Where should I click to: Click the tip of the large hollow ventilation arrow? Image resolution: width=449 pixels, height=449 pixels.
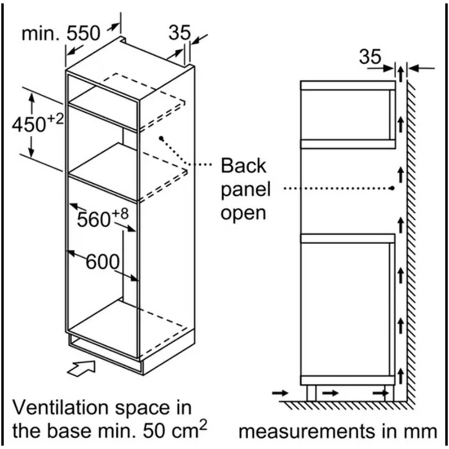(95, 361)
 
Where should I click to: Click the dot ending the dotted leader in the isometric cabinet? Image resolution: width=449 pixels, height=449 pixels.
(162, 138)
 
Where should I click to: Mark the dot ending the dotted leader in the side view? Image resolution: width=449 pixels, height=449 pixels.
(392, 188)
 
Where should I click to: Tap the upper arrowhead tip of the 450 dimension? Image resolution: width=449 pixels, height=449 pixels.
(31, 94)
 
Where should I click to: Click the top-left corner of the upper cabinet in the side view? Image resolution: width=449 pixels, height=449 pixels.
(301, 81)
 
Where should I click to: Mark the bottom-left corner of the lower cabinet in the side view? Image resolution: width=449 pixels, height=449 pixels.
(301, 385)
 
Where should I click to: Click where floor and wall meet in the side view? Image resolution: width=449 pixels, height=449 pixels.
(407, 401)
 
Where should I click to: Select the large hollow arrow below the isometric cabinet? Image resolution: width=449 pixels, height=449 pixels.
(81, 369)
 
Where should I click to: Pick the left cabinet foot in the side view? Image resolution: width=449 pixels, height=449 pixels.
(311, 393)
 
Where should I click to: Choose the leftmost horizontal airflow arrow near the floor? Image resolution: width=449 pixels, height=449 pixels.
(280, 392)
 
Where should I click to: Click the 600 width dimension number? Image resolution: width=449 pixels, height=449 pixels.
(102, 261)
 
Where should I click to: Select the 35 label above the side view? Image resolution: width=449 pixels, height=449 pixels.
(370, 57)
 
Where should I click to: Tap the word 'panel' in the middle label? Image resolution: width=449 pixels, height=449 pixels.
(246, 189)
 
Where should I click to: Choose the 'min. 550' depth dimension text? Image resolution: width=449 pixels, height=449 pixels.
(61, 34)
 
